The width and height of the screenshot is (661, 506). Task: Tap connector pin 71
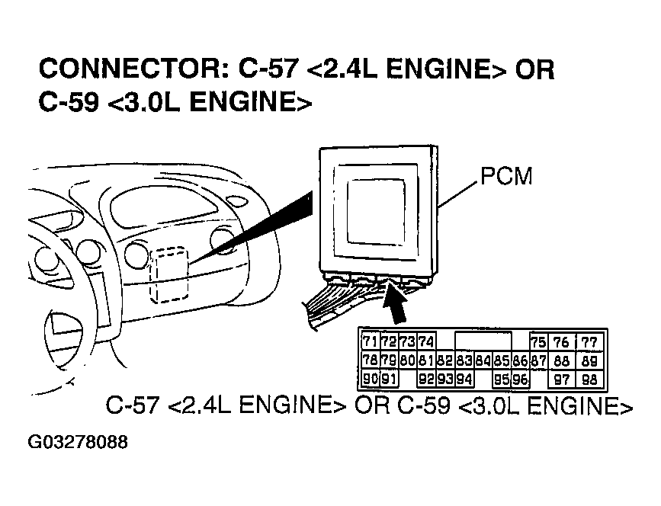pos(371,341)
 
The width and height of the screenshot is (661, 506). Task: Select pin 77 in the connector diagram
pos(589,341)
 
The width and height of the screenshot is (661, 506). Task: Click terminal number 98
pos(589,379)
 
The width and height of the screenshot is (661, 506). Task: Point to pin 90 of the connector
pos(371,379)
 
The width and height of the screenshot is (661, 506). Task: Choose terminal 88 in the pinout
pos(563,360)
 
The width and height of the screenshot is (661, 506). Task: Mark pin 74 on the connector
pos(426,341)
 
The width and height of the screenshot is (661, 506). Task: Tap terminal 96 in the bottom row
pos(520,379)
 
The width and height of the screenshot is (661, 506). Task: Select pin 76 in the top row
pos(563,341)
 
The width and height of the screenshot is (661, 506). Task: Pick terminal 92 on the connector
pos(426,379)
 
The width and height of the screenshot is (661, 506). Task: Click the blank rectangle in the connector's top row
pos(483,341)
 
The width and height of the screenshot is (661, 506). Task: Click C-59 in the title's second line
pos(68,102)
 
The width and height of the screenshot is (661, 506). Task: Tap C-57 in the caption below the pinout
pos(133,405)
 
